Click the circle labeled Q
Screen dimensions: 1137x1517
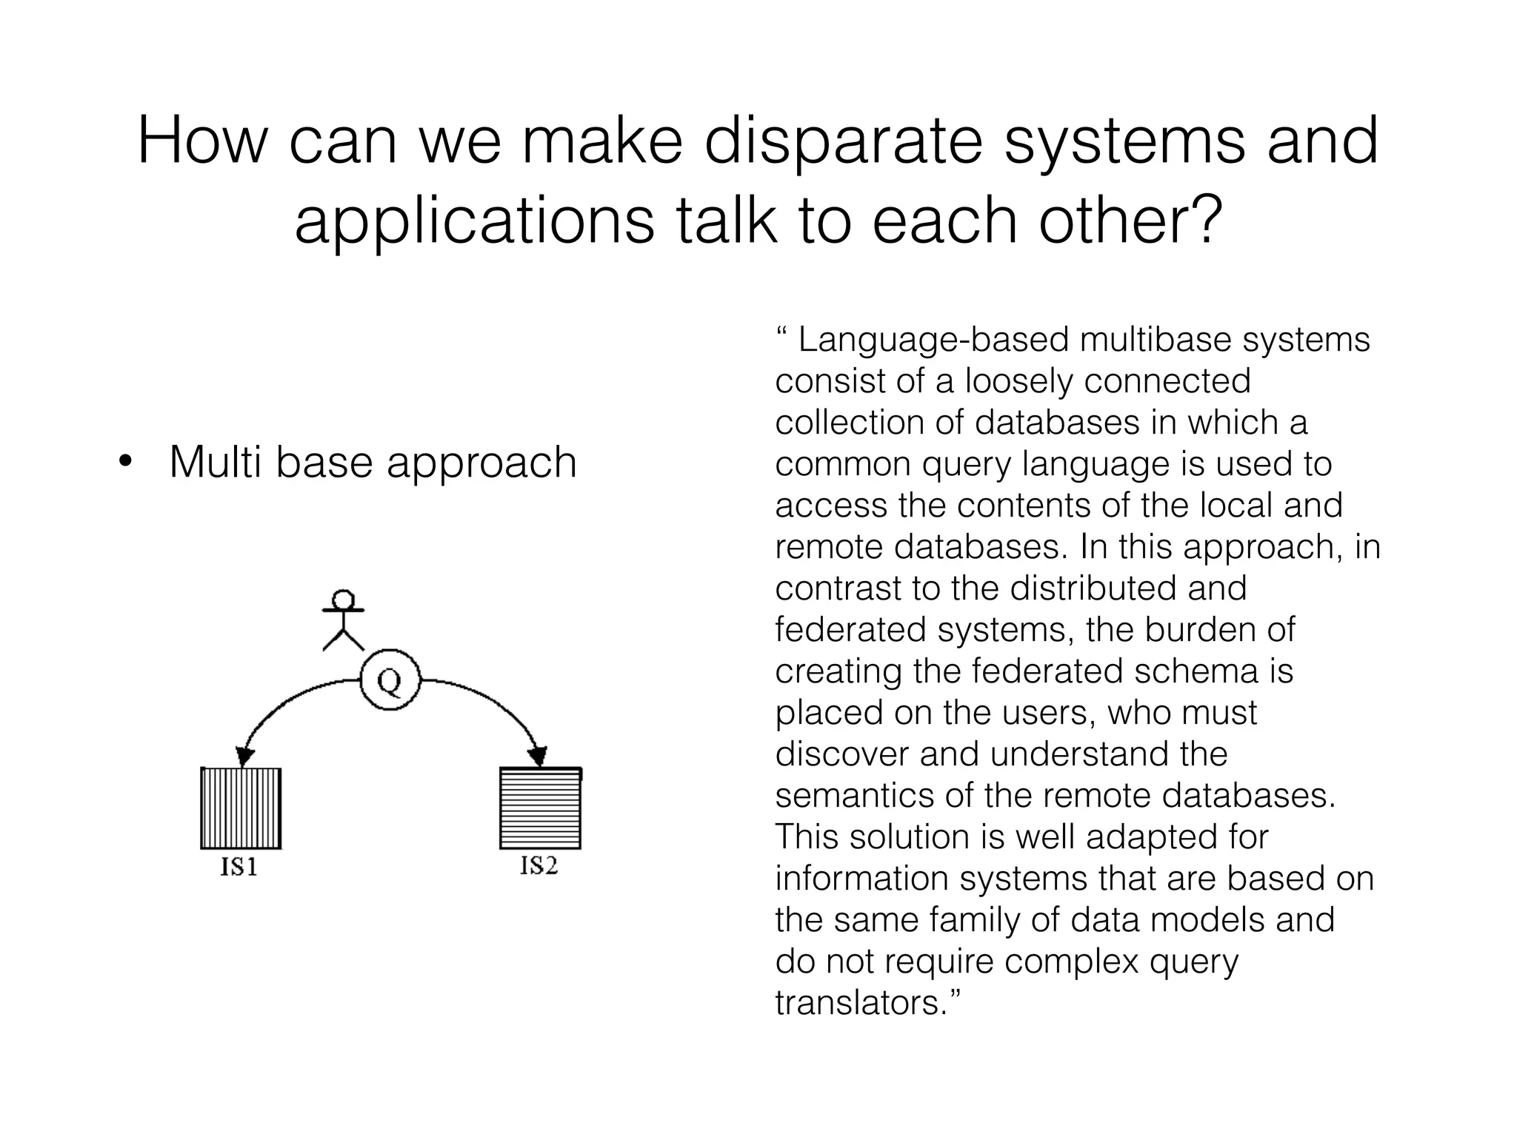click(390, 680)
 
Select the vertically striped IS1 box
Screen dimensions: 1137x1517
click(241, 808)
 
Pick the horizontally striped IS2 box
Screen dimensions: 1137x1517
click(540, 808)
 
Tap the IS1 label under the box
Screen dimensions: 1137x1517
click(239, 867)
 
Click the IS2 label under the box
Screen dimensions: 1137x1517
click(539, 865)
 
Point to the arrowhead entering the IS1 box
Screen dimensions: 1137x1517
click(244, 757)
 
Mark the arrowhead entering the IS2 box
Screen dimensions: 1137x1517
click(538, 757)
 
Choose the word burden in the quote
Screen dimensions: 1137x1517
click(1193, 631)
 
